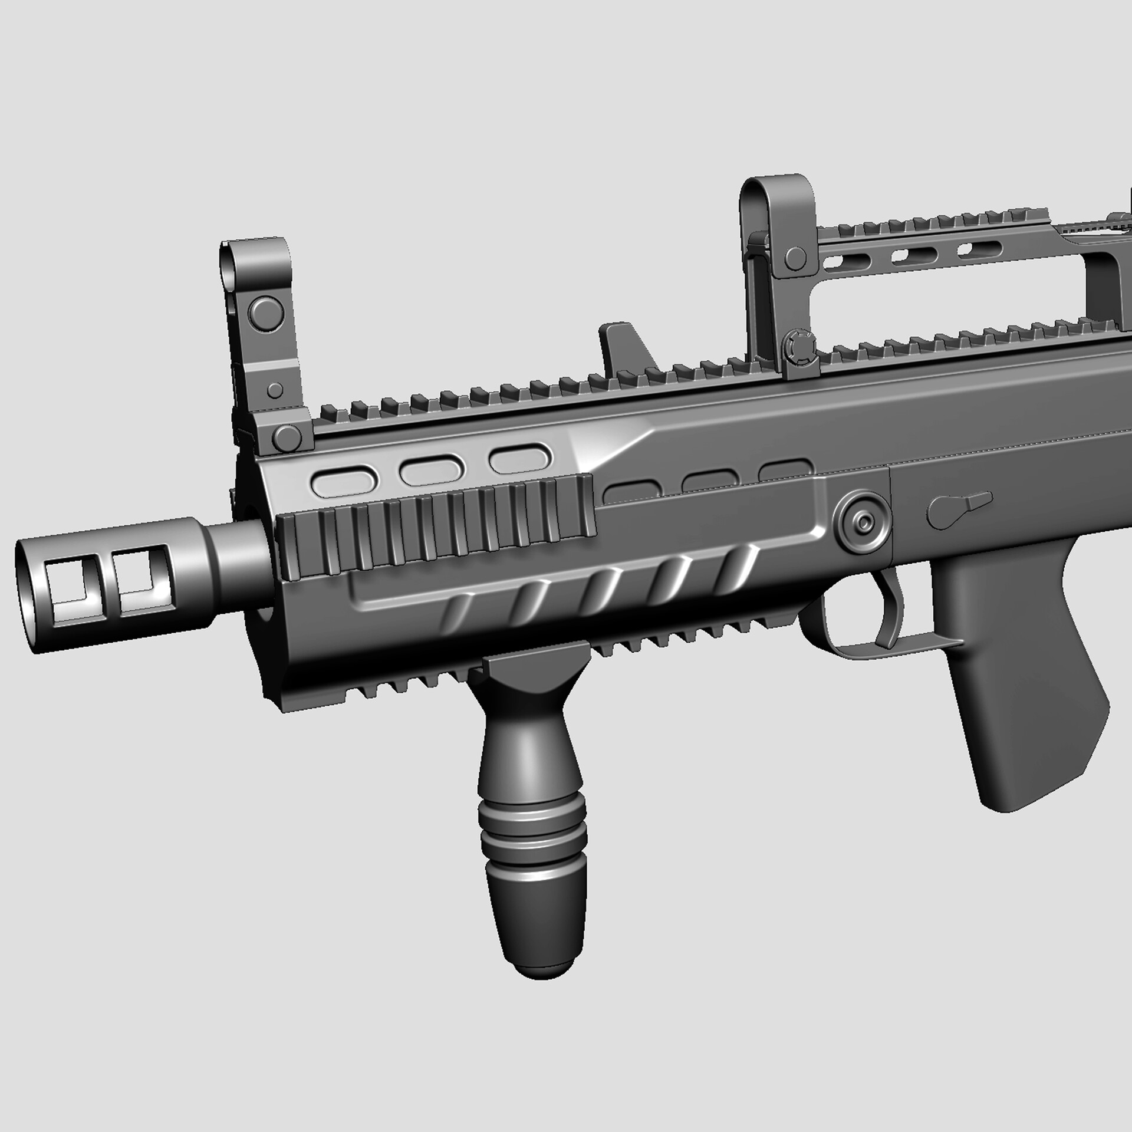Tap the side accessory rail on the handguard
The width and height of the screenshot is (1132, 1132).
pos(436,528)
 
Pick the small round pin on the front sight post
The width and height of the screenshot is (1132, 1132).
pos(275,390)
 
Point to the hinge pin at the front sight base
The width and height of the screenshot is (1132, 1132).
pos(287,437)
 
